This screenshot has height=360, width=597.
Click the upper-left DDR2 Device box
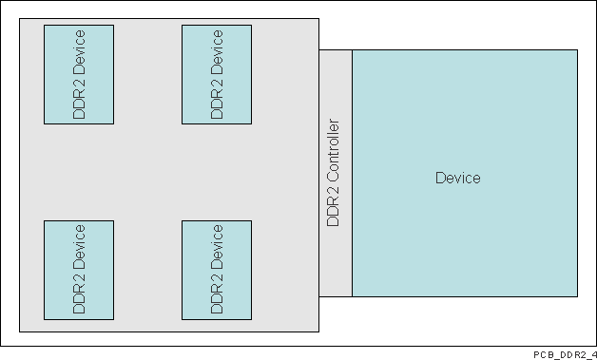point(79,74)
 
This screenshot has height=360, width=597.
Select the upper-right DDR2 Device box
point(217,74)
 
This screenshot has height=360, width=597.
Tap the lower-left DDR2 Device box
point(79,270)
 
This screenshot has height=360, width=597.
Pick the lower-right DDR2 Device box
point(217,270)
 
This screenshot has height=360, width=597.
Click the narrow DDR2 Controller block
point(335,172)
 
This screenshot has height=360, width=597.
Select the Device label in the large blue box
point(457,178)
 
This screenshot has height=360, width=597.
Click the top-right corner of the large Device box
point(577,49)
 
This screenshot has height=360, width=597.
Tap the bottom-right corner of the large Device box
point(577,296)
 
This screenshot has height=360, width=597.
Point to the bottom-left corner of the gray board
point(19,332)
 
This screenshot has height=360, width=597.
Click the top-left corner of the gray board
point(19,18)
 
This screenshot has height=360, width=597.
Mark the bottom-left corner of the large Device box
point(353,296)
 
